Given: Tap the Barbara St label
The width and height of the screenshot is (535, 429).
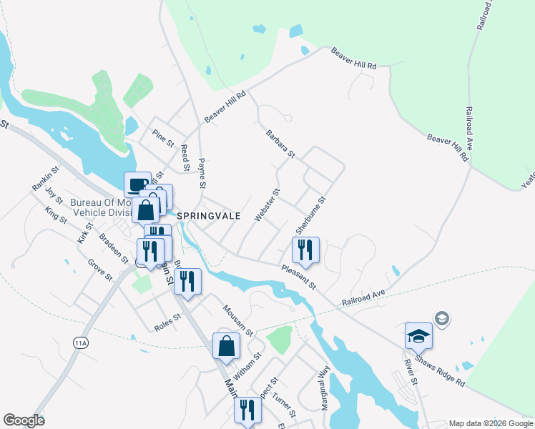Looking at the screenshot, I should coord(280,143).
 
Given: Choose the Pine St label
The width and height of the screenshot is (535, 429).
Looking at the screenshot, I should coord(164,137).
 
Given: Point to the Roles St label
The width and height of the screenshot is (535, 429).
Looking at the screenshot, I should coord(168,323).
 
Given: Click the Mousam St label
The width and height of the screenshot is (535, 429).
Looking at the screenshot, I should coord(237,320).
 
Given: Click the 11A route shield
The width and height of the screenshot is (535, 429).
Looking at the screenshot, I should coord(80,343).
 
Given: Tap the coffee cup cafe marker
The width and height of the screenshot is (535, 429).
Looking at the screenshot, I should coord(137,184).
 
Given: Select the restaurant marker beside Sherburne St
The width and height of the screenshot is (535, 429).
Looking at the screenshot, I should coord(305,250).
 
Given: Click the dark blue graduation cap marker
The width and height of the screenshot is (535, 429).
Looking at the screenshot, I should coord(418,335).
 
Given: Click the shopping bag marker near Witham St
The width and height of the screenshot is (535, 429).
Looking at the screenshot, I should coord(226,346).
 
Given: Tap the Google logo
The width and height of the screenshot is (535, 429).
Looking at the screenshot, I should coord(24,420).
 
